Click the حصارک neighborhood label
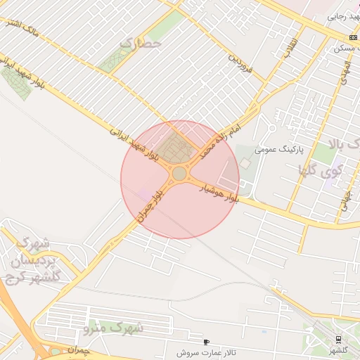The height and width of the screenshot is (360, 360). click(140, 44)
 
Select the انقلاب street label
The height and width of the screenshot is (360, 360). click(290, 48)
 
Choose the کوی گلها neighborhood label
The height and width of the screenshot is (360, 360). click(321, 169)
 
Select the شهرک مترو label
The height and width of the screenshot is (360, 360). click(112, 328)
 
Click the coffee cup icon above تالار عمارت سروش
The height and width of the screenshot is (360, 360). click(206, 342)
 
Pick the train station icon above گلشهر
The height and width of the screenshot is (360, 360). click(339, 339)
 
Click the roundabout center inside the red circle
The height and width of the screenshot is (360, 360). click(179, 173)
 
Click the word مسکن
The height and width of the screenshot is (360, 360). click(345, 48)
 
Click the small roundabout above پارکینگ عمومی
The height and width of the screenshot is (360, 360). click(271, 129)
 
